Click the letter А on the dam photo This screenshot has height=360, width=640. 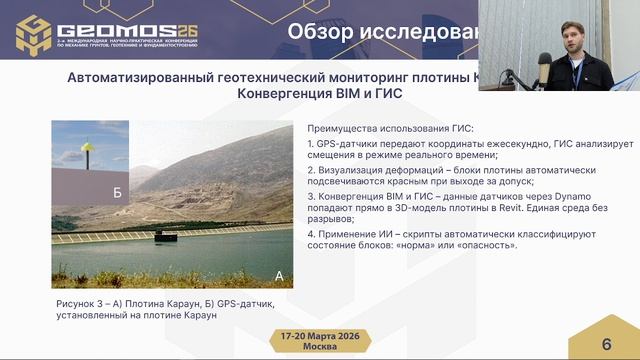tap(279, 274)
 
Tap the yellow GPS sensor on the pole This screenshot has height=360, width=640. tap(88, 147)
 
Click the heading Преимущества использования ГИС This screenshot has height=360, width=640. tap(390, 127)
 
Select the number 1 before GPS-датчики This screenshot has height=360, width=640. tap(311, 144)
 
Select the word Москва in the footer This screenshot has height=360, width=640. tap(319, 347)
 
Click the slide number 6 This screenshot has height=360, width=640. tap(606, 344)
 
